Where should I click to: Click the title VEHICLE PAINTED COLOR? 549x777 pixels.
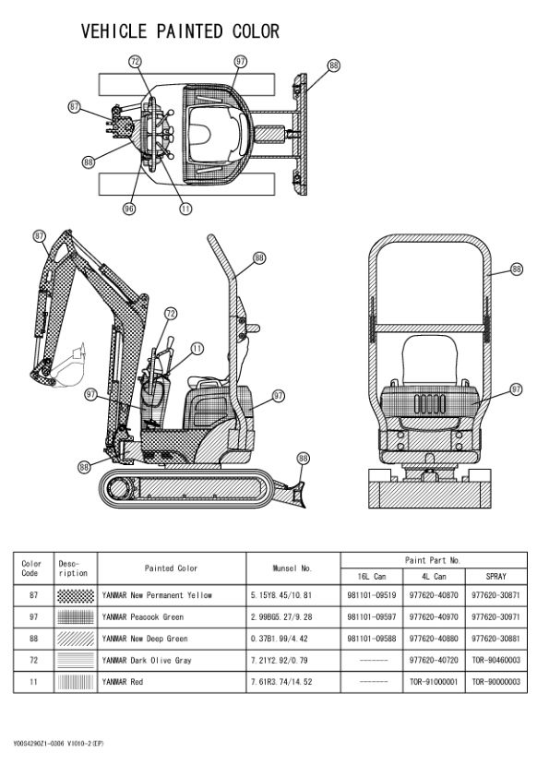180,31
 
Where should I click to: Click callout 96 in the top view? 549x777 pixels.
129,209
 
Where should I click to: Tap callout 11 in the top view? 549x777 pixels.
185,209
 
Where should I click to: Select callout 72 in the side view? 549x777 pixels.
171,313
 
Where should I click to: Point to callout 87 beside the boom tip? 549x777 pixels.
40,236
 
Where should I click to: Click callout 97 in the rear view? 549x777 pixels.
517,389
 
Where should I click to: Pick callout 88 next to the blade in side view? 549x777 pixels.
304,459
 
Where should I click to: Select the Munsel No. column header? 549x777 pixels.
292,568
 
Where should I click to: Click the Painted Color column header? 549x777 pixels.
171,568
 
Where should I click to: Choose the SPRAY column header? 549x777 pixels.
496,577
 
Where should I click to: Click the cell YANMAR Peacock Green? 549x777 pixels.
143,617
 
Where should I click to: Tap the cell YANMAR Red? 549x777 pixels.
123,682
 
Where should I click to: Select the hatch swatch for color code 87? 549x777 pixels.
76,595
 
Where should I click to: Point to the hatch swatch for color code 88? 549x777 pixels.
76,639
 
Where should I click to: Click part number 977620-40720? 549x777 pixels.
434,660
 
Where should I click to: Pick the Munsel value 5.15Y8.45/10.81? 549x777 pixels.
280,595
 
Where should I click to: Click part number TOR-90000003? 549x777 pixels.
496,682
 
